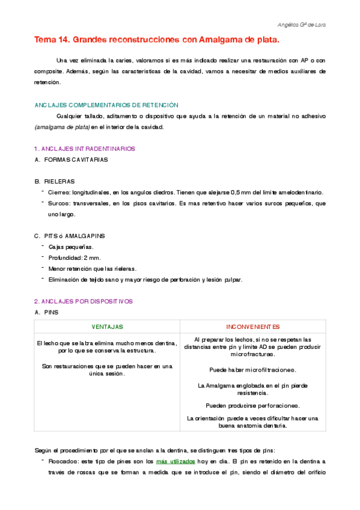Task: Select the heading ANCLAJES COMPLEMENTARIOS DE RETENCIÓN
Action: tap(106, 105)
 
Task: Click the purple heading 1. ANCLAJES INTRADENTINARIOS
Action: tap(85, 149)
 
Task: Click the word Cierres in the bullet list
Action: tap(59, 192)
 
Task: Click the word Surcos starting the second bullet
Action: tap(59, 204)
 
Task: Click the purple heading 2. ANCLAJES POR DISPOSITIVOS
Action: tap(83, 301)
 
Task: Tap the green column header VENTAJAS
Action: tap(107, 327)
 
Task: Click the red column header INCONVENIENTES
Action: tap(253, 327)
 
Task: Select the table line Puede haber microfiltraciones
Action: tap(252, 369)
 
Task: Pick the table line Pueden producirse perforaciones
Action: tap(252, 405)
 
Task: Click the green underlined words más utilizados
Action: tap(175, 461)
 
